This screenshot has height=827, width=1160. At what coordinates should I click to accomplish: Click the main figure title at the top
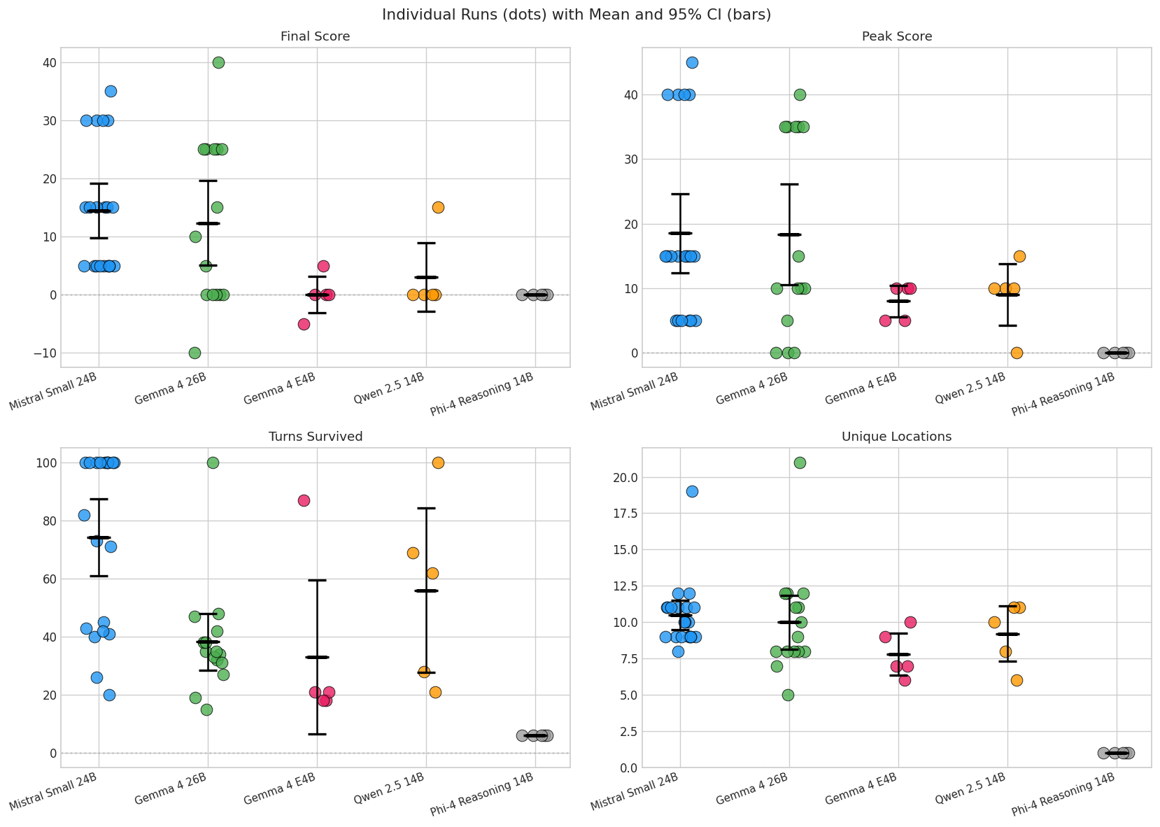[x=576, y=15]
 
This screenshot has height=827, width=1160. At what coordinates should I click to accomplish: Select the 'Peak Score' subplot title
[x=897, y=36]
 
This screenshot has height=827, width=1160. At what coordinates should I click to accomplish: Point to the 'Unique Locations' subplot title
[x=897, y=437]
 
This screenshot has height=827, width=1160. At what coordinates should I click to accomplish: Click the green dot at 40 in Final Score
[x=218, y=63]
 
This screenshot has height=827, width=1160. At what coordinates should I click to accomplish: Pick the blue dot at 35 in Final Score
[x=111, y=92]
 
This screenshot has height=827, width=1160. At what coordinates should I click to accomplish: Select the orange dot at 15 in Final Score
[x=438, y=208]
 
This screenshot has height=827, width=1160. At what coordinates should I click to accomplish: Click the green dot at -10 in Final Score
[x=194, y=353]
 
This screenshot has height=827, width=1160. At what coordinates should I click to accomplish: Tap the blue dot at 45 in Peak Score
[x=692, y=63]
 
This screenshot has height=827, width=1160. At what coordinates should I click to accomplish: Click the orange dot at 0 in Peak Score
[x=1017, y=353]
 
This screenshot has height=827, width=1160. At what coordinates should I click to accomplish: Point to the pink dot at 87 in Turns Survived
[x=304, y=501]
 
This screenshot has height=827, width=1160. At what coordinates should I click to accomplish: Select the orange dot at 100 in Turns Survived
[x=438, y=463]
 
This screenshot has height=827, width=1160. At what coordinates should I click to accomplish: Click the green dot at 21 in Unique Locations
[x=800, y=463]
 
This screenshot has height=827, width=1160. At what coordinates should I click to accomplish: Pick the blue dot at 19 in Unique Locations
[x=692, y=492]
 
